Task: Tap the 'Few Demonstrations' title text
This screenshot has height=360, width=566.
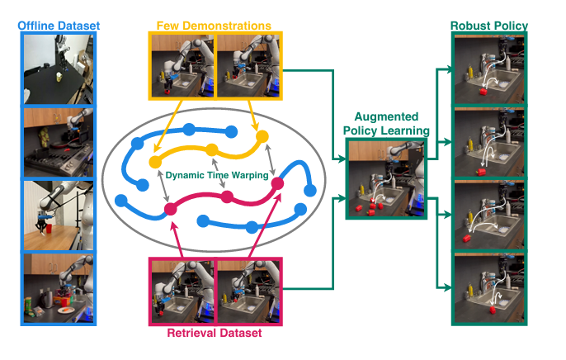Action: point(215,25)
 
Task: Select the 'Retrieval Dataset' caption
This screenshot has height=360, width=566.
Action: point(215,333)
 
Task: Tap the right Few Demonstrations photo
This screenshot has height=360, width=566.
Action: point(248,67)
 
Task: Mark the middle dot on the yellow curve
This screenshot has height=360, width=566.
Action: point(211,149)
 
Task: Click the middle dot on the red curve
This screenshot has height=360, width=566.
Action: point(227,197)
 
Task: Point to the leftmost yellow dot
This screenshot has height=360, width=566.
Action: point(154,161)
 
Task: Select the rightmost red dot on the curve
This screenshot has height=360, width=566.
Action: point(278,183)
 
